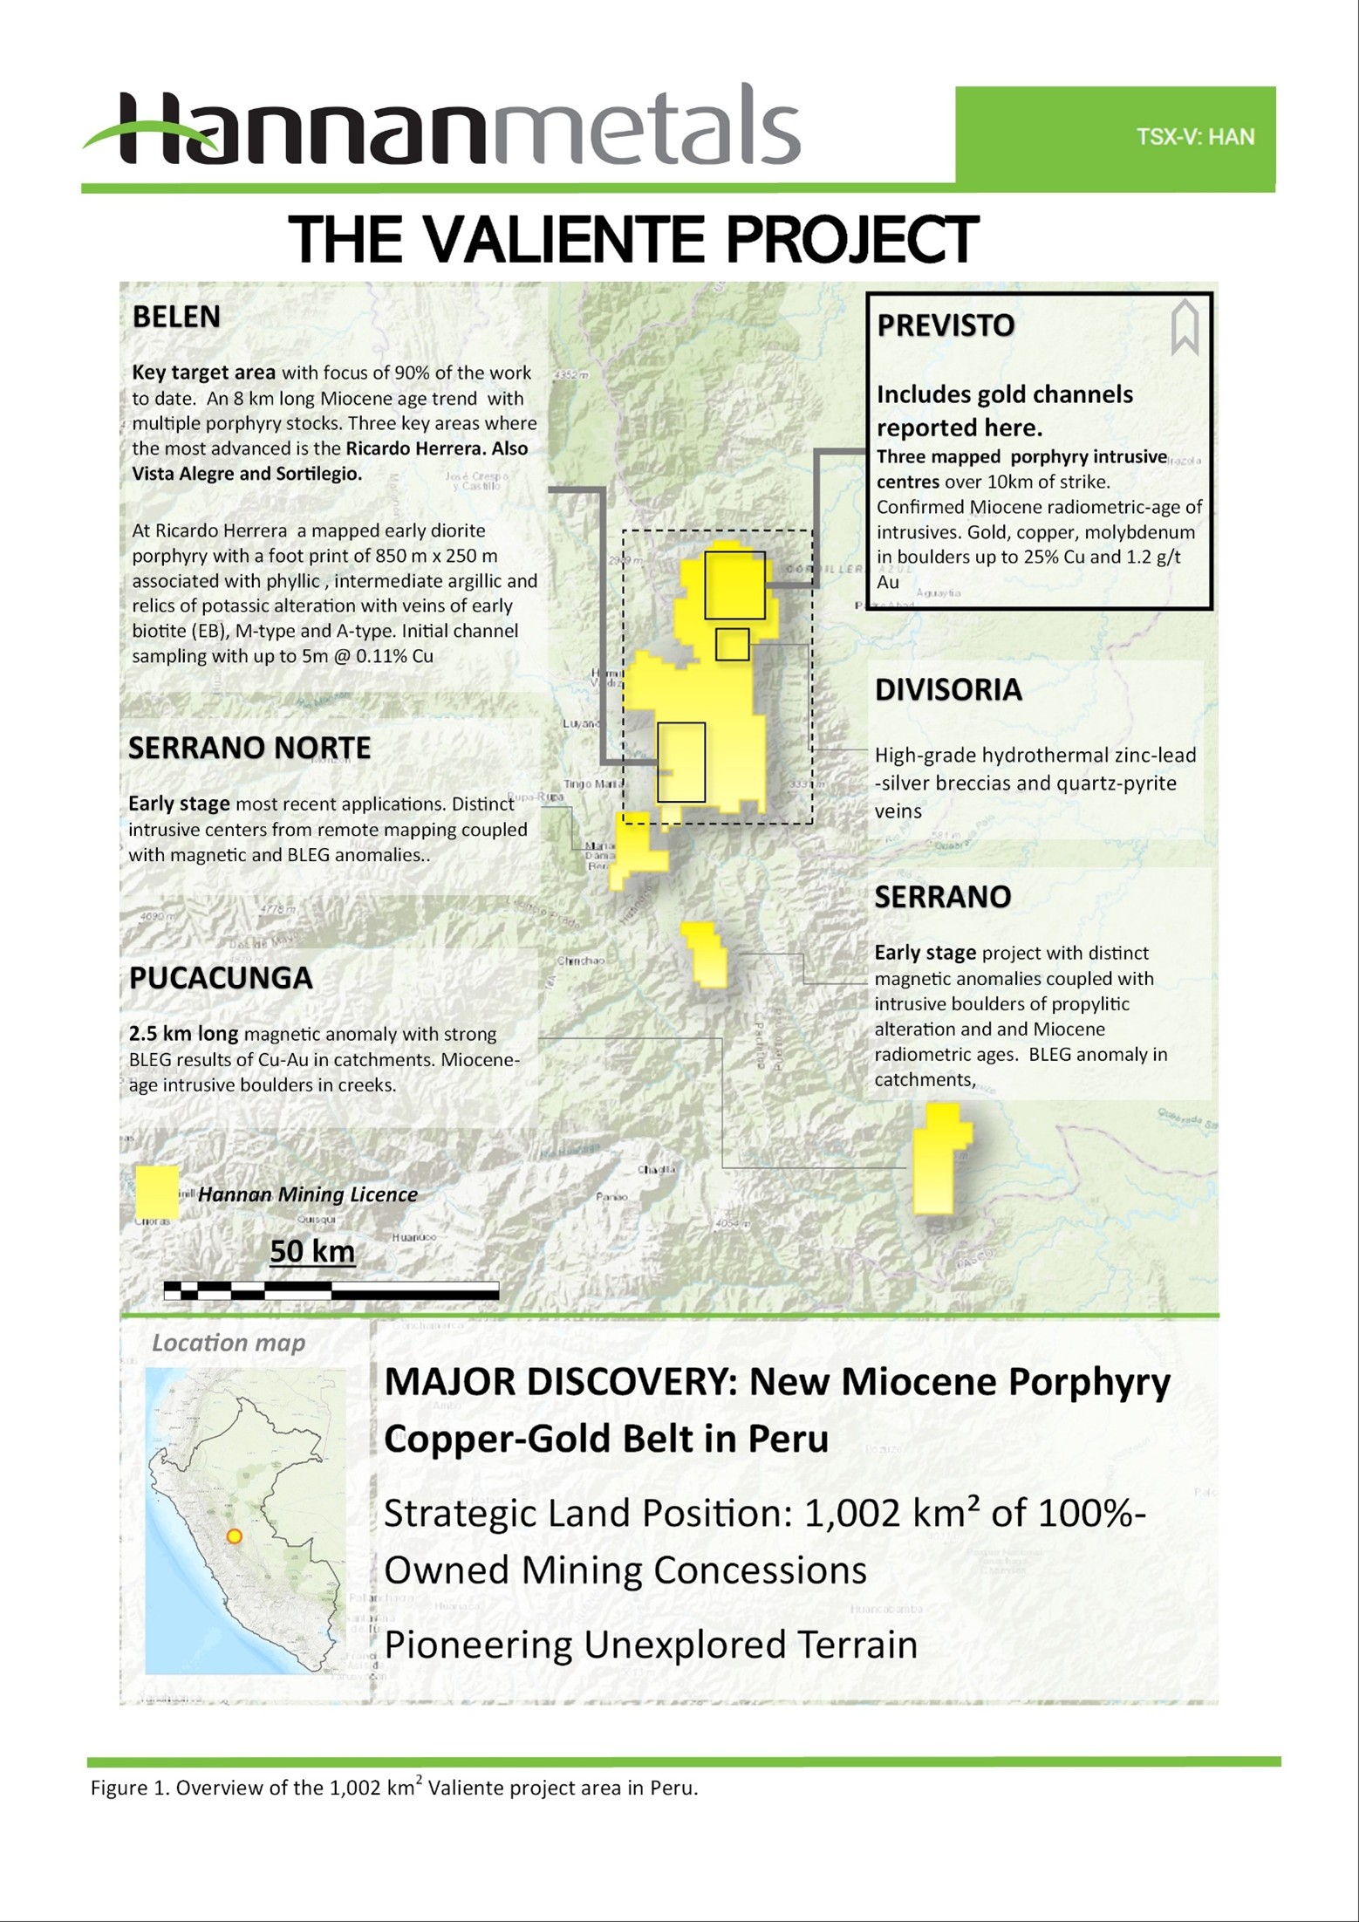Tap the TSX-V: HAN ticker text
(1195, 137)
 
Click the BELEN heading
(176, 317)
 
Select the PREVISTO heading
(946, 325)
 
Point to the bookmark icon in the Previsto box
(1185, 328)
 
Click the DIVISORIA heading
(948, 689)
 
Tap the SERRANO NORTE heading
(249, 748)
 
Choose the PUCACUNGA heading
(221, 978)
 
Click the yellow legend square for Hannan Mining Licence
(156, 1192)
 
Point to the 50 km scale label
(312, 1251)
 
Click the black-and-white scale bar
(331, 1289)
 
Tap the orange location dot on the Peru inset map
(234, 1536)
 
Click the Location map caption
(229, 1343)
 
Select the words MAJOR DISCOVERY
(558, 1382)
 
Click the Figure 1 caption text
(394, 1788)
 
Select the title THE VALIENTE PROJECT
(634, 240)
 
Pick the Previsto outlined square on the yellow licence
(734, 585)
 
